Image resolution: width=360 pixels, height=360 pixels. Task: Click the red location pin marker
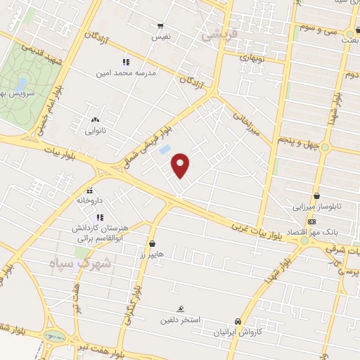pyautogui.click(x=181, y=165)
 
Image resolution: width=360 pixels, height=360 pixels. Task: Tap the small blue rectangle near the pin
pyautogui.click(x=165, y=150)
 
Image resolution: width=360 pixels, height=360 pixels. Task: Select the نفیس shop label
pyautogui.click(x=161, y=34)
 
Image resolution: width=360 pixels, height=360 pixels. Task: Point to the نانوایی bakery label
pyautogui.click(x=95, y=130)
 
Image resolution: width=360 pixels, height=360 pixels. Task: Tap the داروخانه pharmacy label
pyautogui.click(x=90, y=200)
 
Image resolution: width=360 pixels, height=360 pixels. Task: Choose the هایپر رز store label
pyautogui.click(x=151, y=253)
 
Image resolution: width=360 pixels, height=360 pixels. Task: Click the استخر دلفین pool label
pyautogui.click(x=182, y=319)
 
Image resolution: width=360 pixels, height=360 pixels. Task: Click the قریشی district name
pyautogui.click(x=220, y=33)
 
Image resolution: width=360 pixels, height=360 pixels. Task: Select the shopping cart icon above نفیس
pyautogui.click(x=161, y=25)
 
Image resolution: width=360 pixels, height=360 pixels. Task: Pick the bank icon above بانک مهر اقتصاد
pyautogui.click(x=312, y=222)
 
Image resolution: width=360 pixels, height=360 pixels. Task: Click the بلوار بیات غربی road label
pyautogui.click(x=263, y=231)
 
